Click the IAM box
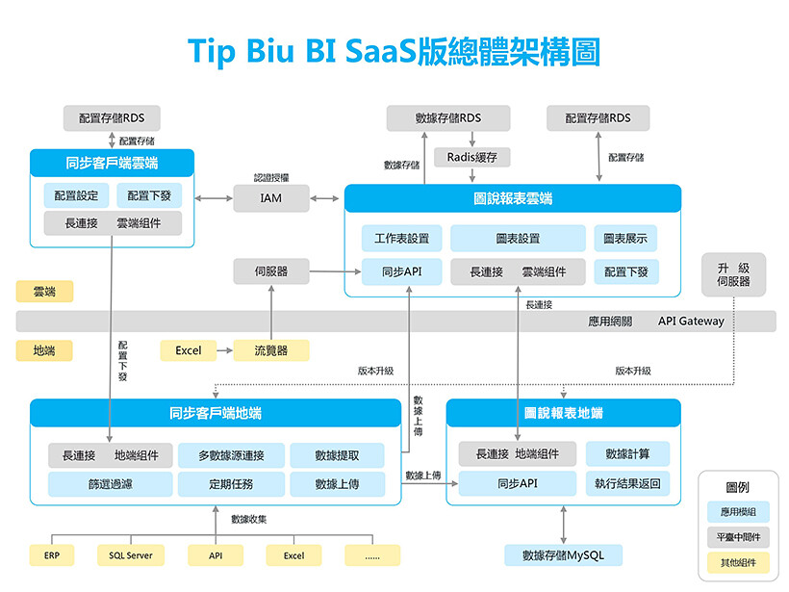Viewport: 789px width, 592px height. (x=271, y=198)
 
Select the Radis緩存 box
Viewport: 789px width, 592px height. (x=471, y=157)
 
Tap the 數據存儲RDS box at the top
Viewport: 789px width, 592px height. (x=447, y=118)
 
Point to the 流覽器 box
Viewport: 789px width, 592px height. (x=270, y=350)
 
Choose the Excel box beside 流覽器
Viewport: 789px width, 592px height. (x=189, y=350)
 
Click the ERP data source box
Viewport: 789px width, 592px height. (x=52, y=555)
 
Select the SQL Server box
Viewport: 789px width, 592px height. (x=131, y=555)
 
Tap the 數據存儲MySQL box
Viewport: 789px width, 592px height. (x=563, y=555)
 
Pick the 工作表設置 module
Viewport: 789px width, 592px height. (x=402, y=238)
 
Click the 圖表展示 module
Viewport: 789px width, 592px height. (x=625, y=238)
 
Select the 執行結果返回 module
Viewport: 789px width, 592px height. (x=627, y=483)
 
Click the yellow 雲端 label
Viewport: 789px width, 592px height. (x=44, y=291)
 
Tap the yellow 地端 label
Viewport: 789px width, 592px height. (x=44, y=350)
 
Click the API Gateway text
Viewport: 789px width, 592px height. (x=691, y=321)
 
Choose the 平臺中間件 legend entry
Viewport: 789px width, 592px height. (x=737, y=537)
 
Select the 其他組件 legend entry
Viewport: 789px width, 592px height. (x=737, y=562)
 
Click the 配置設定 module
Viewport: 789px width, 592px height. (x=76, y=195)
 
